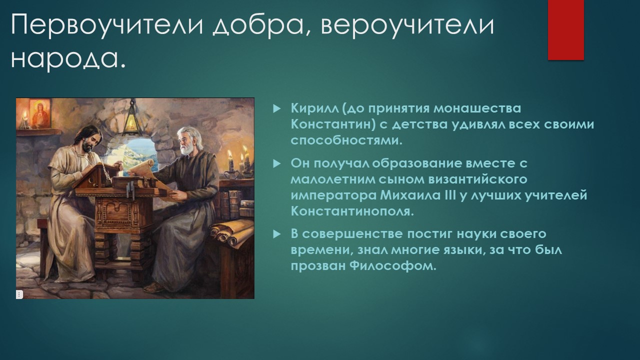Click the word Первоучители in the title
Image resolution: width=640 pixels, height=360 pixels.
pyautogui.click(x=107, y=25)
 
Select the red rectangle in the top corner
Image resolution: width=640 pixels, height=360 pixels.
pyautogui.click(x=565, y=29)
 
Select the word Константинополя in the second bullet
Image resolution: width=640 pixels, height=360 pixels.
pyautogui.click(x=352, y=211)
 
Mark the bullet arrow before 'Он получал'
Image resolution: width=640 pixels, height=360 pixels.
pyautogui.click(x=276, y=163)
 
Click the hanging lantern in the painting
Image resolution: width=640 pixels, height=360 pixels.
pyautogui.click(x=131, y=120)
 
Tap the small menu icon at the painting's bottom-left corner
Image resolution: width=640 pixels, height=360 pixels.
pyautogui.click(x=19, y=294)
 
